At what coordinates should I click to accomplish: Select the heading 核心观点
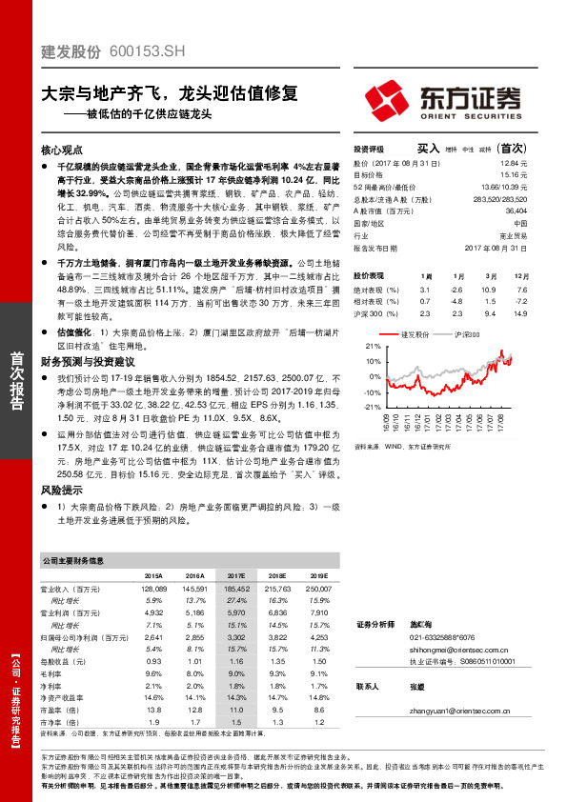61,150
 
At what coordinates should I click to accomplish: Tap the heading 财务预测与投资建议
87,362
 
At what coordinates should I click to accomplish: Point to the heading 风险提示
61,489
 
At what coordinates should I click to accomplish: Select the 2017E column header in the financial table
236,576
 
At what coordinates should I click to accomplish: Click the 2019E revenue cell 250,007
315,591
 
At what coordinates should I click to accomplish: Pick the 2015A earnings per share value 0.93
154,660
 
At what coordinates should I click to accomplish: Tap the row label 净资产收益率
61,697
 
